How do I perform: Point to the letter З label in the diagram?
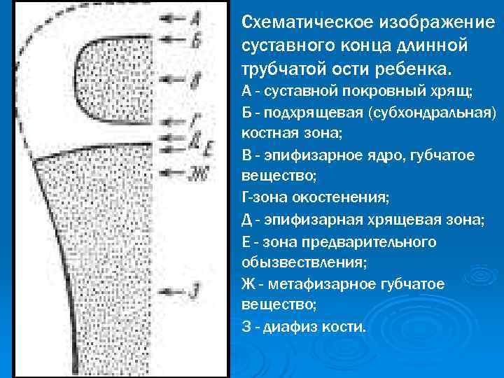(x=197, y=288)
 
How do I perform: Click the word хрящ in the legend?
(x=455, y=92)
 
